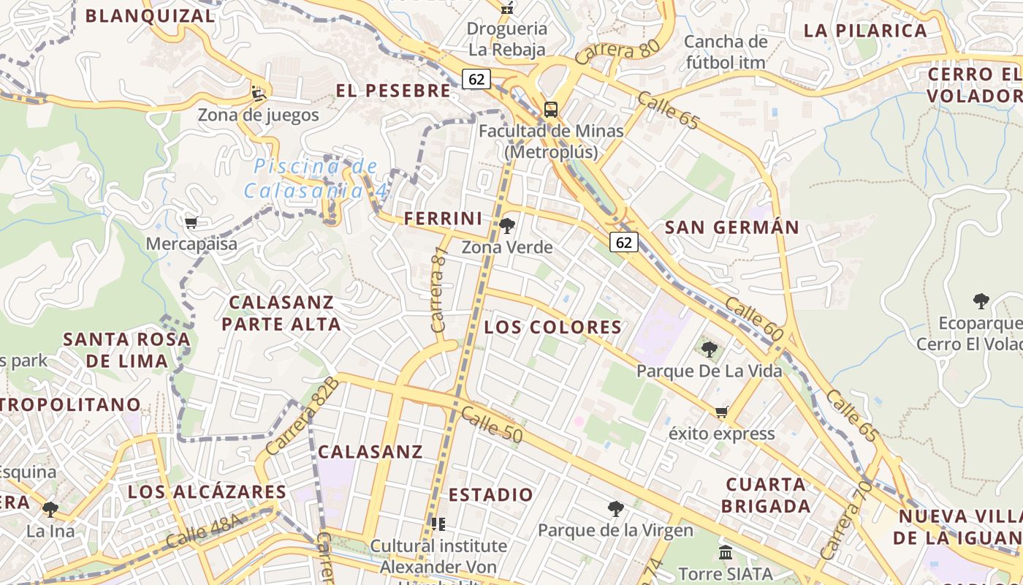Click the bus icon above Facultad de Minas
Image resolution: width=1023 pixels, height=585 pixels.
tap(551, 110)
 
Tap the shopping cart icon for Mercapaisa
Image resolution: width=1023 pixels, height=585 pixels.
tap(191, 222)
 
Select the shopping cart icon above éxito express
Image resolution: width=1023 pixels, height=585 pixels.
tap(722, 412)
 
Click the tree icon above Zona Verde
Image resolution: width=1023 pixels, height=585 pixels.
tap(507, 225)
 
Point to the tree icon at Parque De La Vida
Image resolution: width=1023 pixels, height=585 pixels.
tap(709, 349)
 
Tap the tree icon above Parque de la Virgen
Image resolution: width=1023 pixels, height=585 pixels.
tap(616, 508)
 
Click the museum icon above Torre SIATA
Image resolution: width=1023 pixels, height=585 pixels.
tap(726, 552)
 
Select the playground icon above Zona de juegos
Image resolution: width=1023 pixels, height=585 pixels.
tap(259, 93)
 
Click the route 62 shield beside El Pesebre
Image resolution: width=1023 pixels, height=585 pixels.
tap(476, 79)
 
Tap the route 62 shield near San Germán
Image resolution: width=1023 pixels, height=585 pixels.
tap(624, 242)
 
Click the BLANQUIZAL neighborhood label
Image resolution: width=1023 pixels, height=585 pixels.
tap(151, 16)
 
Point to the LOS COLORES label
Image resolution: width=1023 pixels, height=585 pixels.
tap(552, 327)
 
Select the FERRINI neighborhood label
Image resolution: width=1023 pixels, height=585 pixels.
tap(444, 218)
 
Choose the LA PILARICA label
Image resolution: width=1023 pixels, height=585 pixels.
tap(865, 31)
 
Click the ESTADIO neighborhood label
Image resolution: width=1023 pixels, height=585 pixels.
tap(491, 495)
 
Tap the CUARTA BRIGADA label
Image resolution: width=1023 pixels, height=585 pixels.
tap(766, 495)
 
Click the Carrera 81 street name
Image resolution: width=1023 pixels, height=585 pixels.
tap(438, 290)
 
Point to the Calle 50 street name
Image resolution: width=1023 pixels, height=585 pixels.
tap(492, 425)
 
